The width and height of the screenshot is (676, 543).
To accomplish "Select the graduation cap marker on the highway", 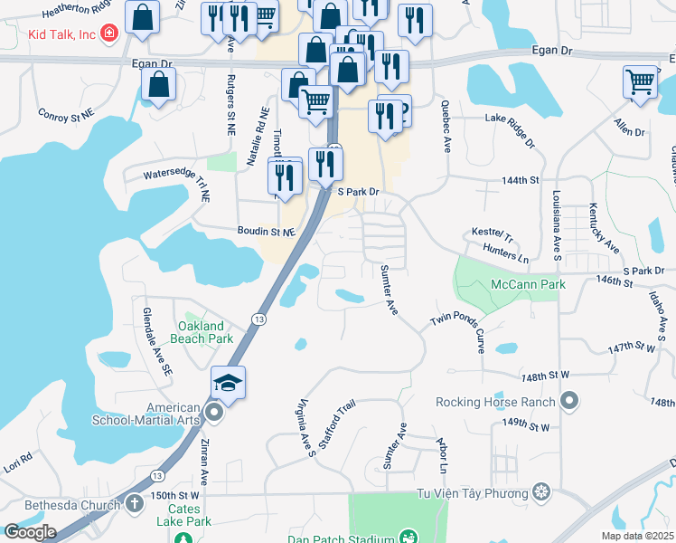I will [x=229, y=382].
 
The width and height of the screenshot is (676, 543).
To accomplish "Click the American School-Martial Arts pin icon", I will [x=214, y=413].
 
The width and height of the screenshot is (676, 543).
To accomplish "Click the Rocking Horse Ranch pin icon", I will [x=570, y=400].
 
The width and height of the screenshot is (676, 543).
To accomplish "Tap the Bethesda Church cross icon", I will [x=134, y=503].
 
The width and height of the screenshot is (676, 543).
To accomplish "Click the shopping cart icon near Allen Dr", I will [x=640, y=82].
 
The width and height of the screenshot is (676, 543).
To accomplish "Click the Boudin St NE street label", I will [x=267, y=232].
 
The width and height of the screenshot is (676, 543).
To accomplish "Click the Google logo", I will [x=31, y=532].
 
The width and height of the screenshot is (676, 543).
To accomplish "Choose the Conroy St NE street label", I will [x=66, y=114].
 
